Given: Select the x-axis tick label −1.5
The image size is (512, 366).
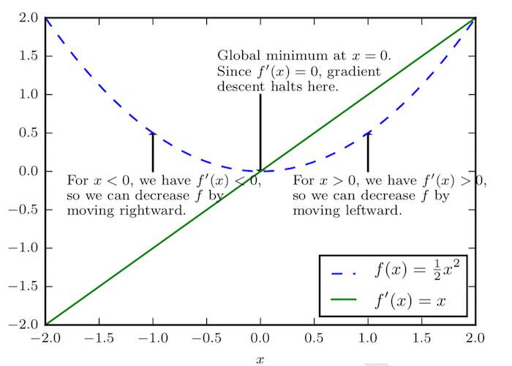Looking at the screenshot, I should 98,339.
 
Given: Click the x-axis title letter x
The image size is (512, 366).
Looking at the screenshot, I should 260,359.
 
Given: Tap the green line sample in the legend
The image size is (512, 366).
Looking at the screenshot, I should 344,300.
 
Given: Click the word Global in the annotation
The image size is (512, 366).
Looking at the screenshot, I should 236,56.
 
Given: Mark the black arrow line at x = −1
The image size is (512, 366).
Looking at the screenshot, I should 152,152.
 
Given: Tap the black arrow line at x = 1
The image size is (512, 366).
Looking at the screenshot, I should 367,152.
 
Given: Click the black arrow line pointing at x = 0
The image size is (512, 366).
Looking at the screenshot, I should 260,131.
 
